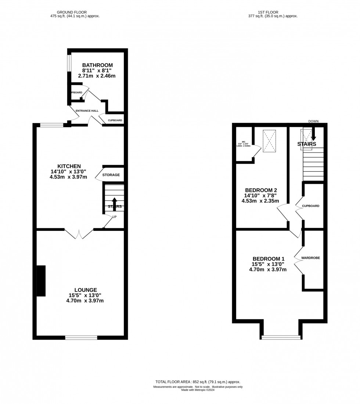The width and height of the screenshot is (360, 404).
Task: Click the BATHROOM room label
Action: (x=97, y=65)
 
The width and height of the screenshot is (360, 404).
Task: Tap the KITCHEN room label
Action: (x=69, y=166)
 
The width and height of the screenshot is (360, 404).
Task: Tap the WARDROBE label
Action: (x=310, y=258)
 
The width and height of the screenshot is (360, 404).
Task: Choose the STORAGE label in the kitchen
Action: (x=111, y=175)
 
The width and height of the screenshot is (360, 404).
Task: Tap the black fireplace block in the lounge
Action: (x=41, y=280)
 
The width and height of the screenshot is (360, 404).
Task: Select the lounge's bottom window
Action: (x=81, y=337)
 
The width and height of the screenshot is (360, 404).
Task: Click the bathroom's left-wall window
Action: (x=69, y=63)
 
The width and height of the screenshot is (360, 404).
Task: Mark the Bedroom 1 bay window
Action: (x=281, y=337)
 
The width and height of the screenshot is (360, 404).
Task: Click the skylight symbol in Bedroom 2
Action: (x=269, y=140)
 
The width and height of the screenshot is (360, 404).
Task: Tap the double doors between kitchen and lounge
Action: (x=79, y=233)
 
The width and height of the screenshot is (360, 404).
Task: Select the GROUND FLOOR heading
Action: (x=75, y=12)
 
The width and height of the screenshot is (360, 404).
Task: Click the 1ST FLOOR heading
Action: (x=273, y=12)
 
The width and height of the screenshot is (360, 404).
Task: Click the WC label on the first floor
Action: (x=243, y=142)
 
